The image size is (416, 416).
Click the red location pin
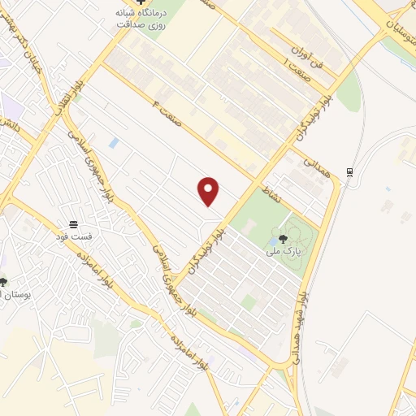pyautogui.click(x=210, y=191)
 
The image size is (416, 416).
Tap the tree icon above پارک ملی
pyautogui.click(x=283, y=239)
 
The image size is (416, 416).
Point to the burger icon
pyautogui.click(x=74, y=223)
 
